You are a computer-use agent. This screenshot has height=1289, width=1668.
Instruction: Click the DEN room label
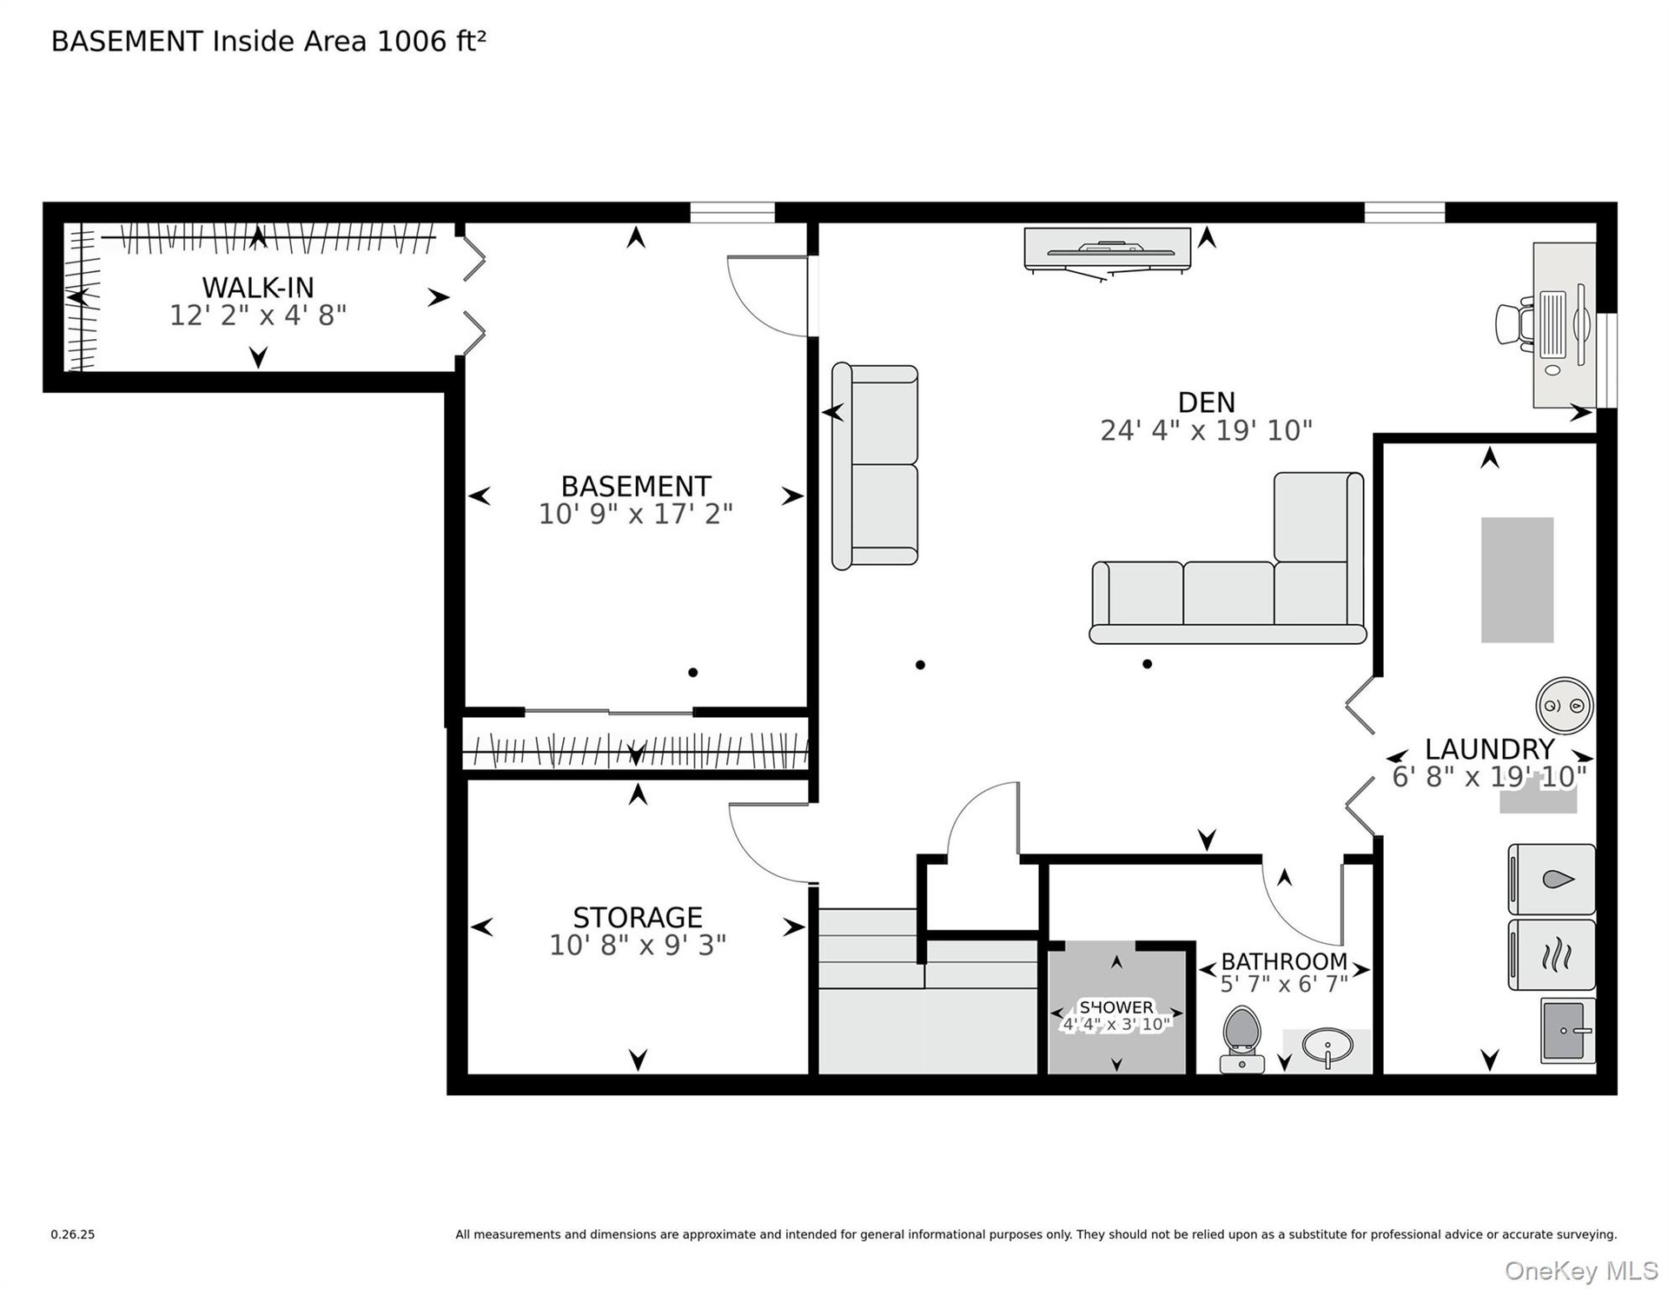click(1206, 402)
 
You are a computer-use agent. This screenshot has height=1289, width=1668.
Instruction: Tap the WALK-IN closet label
click(258, 287)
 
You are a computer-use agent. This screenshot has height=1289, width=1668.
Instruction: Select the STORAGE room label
click(638, 917)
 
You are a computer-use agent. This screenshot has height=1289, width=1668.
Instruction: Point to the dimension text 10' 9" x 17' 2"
click(636, 514)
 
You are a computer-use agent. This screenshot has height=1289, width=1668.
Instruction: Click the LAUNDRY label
click(1489, 748)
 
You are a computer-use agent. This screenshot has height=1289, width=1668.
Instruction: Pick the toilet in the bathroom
click(1241, 1039)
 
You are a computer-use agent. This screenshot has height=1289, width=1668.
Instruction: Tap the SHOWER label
click(1116, 1007)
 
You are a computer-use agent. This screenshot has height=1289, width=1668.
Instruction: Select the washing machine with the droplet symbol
click(1552, 880)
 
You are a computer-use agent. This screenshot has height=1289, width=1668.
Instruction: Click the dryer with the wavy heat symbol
click(1552, 955)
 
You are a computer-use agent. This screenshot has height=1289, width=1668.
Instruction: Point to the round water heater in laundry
click(1565, 705)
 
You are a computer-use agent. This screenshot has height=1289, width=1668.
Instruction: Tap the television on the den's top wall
click(1107, 250)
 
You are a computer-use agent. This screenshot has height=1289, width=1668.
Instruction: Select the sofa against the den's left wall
click(875, 467)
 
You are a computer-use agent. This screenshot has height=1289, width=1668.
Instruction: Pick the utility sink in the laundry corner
click(1568, 1031)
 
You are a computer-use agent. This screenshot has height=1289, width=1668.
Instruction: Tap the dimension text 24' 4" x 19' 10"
click(1206, 430)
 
